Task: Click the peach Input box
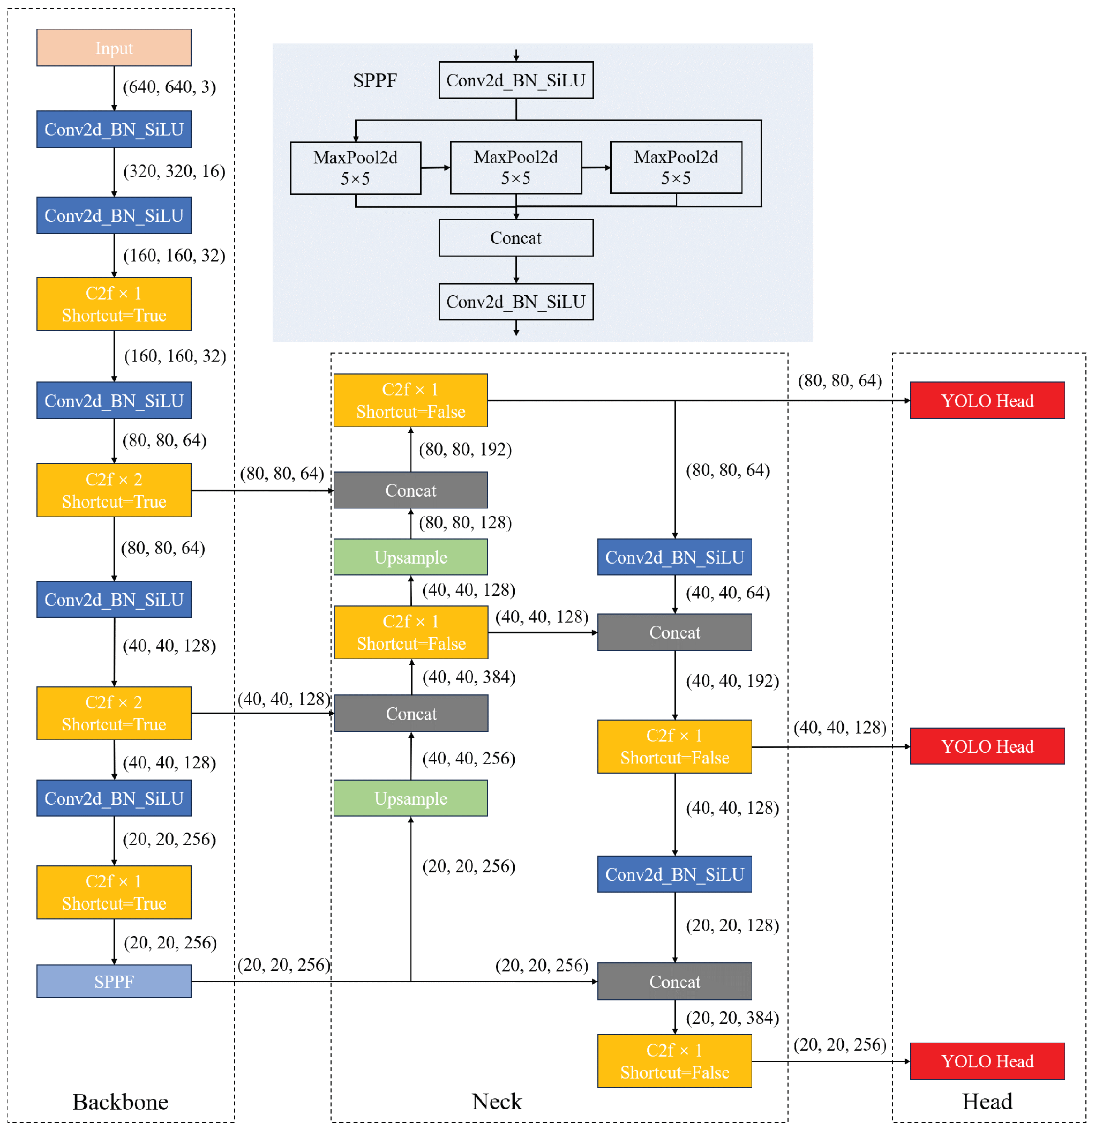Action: tap(114, 48)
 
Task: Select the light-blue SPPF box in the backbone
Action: tap(114, 981)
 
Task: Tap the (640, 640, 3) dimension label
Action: tap(169, 87)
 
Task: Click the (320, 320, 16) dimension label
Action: tap(174, 171)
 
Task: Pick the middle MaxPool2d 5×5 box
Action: tap(516, 168)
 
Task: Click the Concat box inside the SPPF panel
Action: tap(516, 237)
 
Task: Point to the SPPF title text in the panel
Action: tap(374, 80)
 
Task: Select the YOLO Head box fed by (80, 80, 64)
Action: tap(987, 401)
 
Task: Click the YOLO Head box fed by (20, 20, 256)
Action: tap(987, 1061)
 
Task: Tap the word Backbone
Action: tap(121, 1102)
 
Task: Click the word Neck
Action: tap(496, 1102)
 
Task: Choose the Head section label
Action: tap(987, 1102)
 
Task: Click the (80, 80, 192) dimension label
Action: tap(465, 450)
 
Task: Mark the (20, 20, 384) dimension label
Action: tap(732, 1018)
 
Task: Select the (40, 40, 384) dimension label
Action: tap(469, 677)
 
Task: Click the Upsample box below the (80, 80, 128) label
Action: tap(410, 558)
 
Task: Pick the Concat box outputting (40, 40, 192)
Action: tap(674, 632)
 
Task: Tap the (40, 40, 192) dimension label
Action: tap(732, 682)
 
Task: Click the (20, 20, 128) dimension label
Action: tap(732, 926)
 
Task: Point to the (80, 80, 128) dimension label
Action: tap(465, 523)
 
